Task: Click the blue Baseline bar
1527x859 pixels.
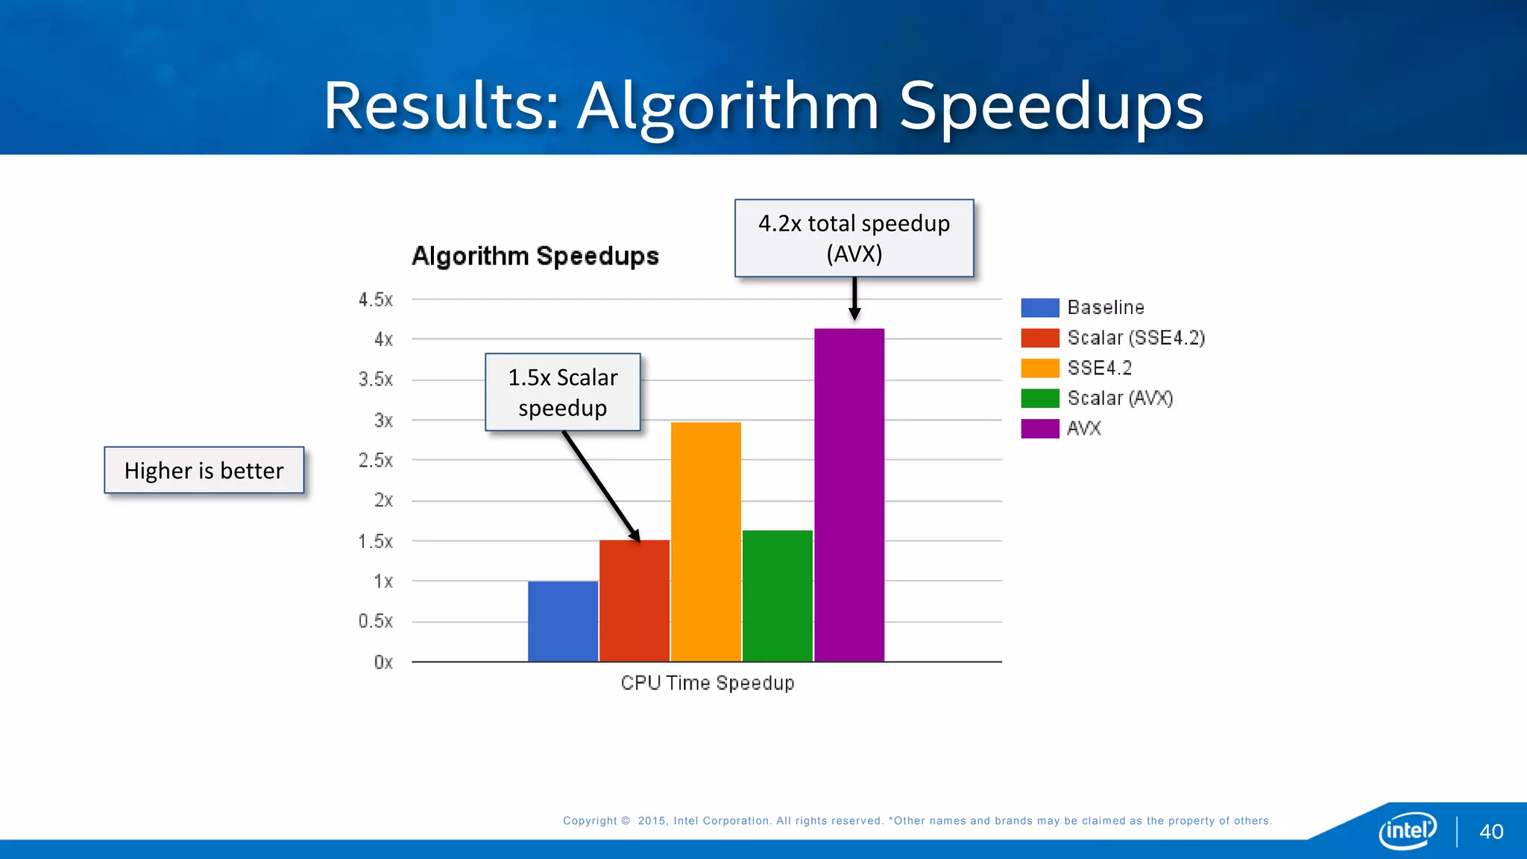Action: point(563,621)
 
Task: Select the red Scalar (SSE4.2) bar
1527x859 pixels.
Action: point(635,600)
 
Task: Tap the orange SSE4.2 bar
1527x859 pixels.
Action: point(706,542)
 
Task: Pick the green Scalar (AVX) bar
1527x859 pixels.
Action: point(778,596)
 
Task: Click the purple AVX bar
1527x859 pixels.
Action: point(849,495)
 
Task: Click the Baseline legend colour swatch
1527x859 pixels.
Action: point(1040,308)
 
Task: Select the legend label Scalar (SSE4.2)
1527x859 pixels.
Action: point(1136,338)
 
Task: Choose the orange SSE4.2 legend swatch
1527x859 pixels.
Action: point(1040,368)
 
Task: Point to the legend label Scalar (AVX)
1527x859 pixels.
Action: point(1120,398)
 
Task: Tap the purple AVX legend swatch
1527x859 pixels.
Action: point(1040,429)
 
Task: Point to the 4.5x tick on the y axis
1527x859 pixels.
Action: point(376,300)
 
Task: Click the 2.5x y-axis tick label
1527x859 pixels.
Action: point(376,460)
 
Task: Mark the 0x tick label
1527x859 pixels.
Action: point(383,662)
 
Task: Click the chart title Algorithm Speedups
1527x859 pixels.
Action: point(535,256)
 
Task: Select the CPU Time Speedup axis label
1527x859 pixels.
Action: point(708,683)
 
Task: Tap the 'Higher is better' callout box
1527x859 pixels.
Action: point(204,471)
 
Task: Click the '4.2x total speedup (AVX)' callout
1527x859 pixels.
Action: point(854,239)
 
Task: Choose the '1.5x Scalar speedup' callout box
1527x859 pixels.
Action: point(563,392)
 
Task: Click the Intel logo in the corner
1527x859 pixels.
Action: point(1408,831)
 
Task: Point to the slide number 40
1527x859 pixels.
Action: point(1491,832)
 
